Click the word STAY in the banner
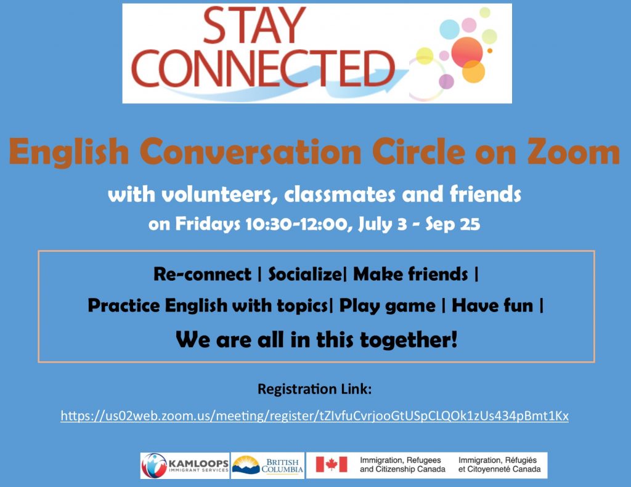[254, 25]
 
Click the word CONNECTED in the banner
[263, 68]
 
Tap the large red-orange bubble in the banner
[467, 52]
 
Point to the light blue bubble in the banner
[449, 28]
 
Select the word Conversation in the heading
[250, 151]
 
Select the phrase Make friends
[410, 274]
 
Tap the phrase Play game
[387, 305]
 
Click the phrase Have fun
[492, 305]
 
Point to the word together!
[409, 340]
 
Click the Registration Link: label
[315, 389]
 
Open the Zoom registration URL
[315, 416]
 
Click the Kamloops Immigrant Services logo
[185, 465]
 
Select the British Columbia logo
[267, 465]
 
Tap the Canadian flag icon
[331, 464]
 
